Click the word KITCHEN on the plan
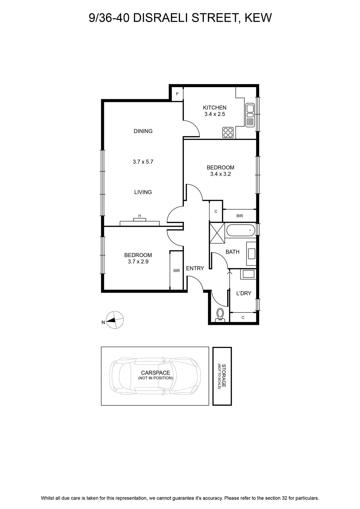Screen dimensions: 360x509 click(x=214, y=108)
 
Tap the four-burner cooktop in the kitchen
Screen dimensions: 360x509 click(x=228, y=132)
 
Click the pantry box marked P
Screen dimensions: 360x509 click(x=177, y=94)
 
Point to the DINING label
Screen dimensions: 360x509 click(x=143, y=131)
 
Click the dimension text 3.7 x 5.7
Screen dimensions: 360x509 click(x=143, y=162)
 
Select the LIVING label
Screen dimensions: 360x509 click(x=143, y=192)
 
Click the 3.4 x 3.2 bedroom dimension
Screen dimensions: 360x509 click(x=220, y=174)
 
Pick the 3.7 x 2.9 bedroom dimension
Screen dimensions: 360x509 click(x=138, y=261)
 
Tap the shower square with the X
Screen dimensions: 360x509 click(x=217, y=233)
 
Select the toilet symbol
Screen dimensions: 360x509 click(x=220, y=315)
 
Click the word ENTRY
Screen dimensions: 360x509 click(x=195, y=268)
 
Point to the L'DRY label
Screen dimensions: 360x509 click(x=244, y=293)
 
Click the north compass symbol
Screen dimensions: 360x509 click(x=115, y=320)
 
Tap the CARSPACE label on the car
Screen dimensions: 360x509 click(x=156, y=373)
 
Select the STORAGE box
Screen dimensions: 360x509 click(x=222, y=376)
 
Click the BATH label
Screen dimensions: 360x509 click(x=232, y=252)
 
